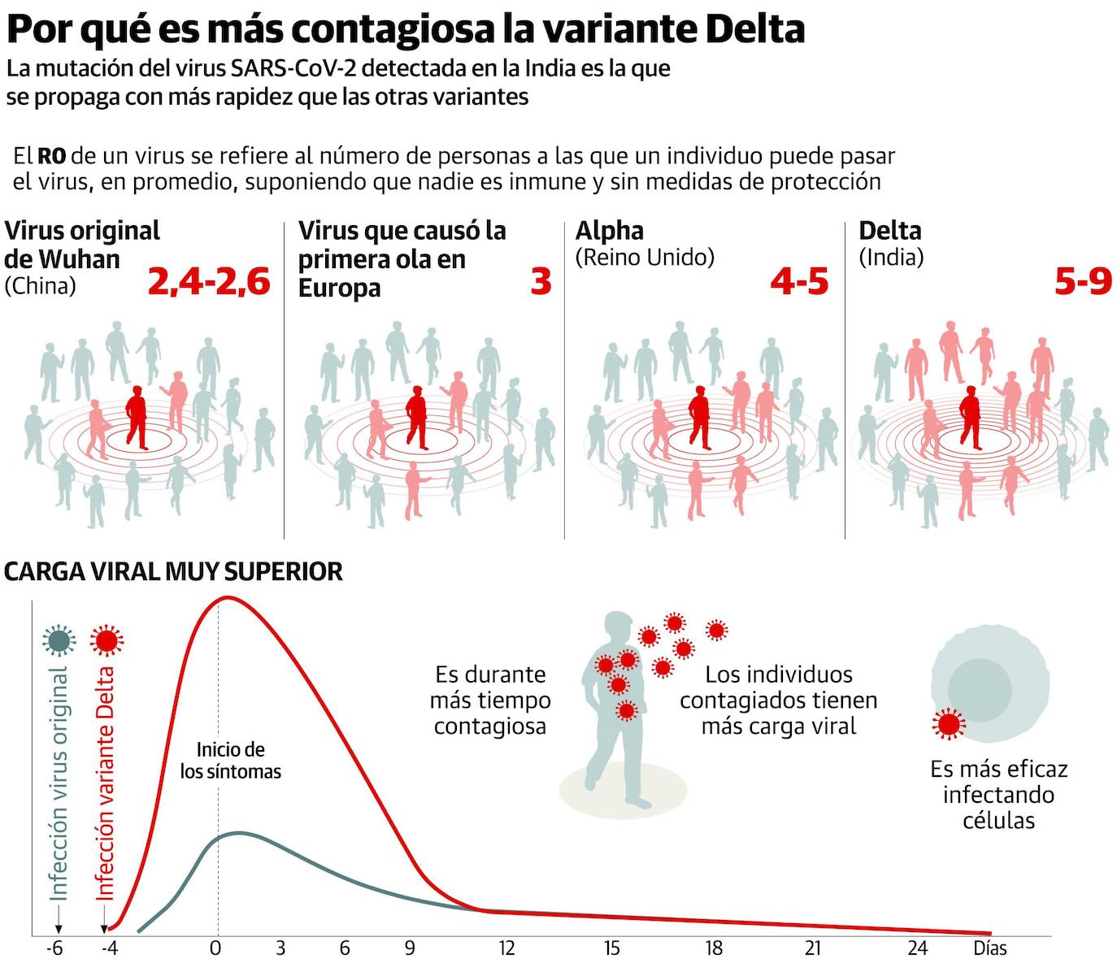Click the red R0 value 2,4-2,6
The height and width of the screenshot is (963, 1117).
209,282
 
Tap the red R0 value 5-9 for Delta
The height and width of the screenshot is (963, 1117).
1083,282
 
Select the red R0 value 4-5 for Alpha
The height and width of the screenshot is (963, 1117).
799,282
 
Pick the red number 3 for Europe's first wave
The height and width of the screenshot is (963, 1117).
541,282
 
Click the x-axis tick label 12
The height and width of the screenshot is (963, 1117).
506,948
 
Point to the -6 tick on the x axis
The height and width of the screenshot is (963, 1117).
54,948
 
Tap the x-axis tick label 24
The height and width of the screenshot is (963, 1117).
917,948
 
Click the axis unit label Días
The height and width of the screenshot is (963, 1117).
990,948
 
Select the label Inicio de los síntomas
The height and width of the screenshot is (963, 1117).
231,761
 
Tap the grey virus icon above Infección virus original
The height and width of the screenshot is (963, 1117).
59,640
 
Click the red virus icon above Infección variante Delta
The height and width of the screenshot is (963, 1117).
106,640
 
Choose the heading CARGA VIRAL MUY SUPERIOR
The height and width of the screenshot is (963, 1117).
173,571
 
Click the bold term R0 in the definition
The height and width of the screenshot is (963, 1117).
52,156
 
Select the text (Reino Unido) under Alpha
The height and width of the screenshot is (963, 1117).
645,258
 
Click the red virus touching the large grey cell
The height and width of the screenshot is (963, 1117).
948,723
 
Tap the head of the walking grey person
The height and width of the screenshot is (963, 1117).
619,628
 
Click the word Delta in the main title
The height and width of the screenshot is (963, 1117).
754,29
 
